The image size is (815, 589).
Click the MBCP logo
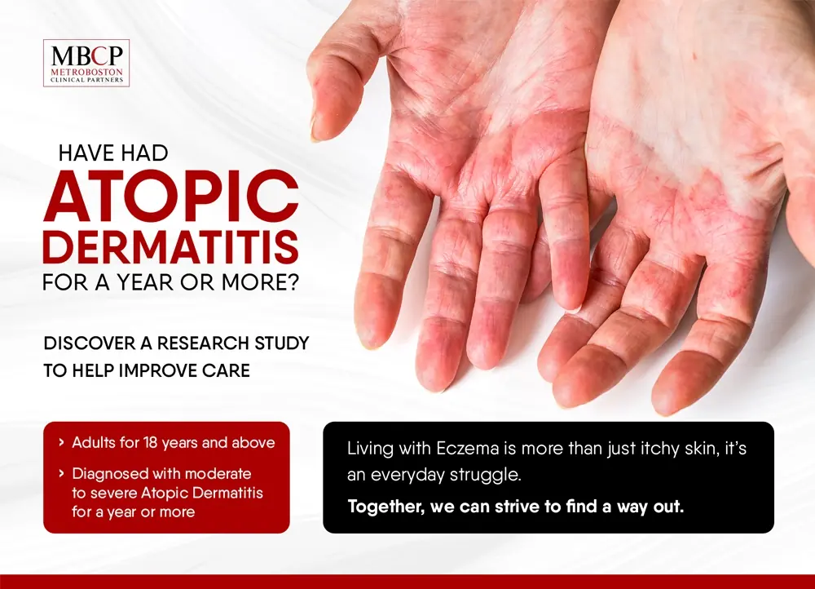click(x=86, y=63)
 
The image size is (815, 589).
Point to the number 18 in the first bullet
click(x=150, y=443)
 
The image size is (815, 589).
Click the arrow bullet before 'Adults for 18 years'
click(x=61, y=443)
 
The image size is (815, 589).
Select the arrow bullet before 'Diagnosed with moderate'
click(x=61, y=473)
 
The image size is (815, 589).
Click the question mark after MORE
click(x=293, y=282)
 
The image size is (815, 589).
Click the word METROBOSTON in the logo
click(x=87, y=72)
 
